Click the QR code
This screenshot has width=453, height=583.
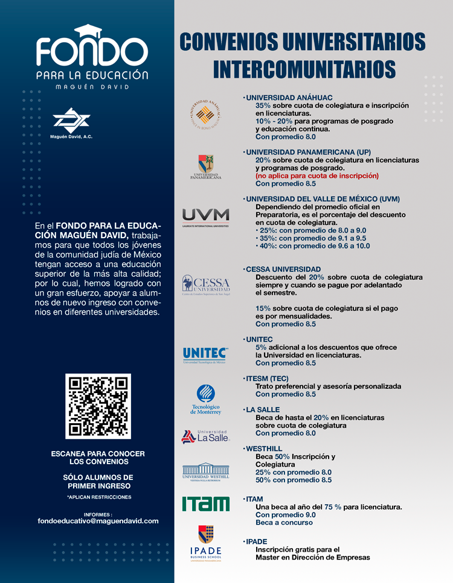coord(98,406)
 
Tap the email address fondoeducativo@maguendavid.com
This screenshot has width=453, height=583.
coord(98,521)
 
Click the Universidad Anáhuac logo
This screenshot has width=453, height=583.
coord(206,113)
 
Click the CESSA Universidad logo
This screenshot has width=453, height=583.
coord(206,285)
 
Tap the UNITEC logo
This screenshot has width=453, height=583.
coord(205,355)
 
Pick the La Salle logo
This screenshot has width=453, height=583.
coord(206,436)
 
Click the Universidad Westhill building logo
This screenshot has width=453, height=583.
coord(206,471)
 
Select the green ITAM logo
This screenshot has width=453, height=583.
coord(206,503)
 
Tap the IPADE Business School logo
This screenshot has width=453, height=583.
coord(206,543)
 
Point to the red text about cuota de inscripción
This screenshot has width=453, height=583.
coord(317,175)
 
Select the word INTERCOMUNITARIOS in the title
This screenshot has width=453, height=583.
coord(304,68)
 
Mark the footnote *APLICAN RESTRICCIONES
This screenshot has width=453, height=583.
coord(98,497)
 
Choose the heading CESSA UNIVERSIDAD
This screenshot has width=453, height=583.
coord(283,269)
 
